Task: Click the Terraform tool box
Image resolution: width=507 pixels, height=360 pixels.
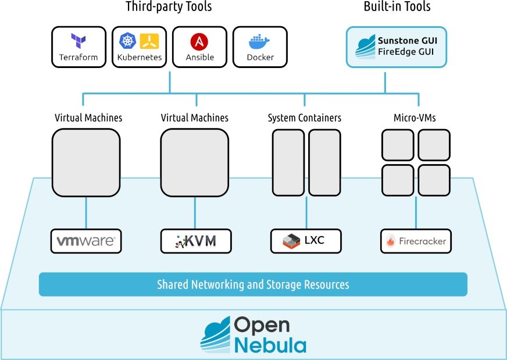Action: (78, 47)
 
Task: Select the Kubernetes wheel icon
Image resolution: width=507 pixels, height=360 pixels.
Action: (127, 40)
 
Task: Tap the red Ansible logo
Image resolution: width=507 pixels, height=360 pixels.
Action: (199, 41)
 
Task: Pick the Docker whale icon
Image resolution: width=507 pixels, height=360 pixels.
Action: (259, 41)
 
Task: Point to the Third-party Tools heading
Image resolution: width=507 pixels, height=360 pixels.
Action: (169, 8)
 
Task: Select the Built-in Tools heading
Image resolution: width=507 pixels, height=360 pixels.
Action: (397, 8)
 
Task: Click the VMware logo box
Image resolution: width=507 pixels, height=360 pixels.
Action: (86, 241)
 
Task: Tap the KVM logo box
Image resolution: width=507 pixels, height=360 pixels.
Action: (196, 241)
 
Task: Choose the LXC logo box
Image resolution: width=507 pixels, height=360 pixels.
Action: (306, 241)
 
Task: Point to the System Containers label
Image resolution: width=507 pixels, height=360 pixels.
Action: (305, 118)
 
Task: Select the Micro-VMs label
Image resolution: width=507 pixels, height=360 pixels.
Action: (415, 118)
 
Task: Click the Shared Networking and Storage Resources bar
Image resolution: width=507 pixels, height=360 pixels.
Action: (253, 284)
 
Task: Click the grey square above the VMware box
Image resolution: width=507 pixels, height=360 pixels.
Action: (86, 162)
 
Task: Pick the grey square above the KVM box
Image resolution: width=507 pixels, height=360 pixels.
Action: (194, 162)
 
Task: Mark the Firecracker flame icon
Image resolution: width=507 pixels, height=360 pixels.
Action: (391, 241)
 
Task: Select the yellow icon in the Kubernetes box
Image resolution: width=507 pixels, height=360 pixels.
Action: (150, 41)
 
